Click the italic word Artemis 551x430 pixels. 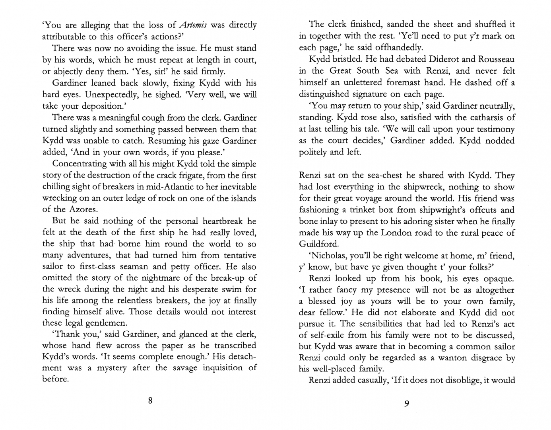tap(193, 25)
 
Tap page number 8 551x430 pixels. tap(150, 401)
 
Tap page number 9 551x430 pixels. tap(406, 404)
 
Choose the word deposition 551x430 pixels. tap(92, 106)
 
